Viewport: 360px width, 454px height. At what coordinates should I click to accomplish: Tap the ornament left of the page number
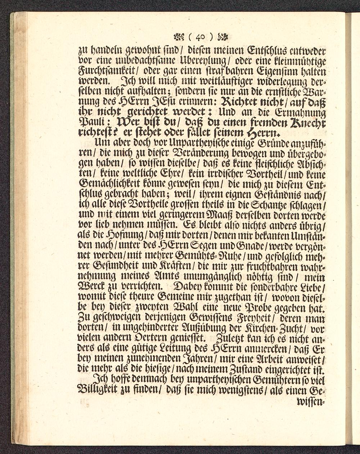[179, 36]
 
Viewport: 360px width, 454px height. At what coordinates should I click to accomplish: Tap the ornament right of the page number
[223, 36]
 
